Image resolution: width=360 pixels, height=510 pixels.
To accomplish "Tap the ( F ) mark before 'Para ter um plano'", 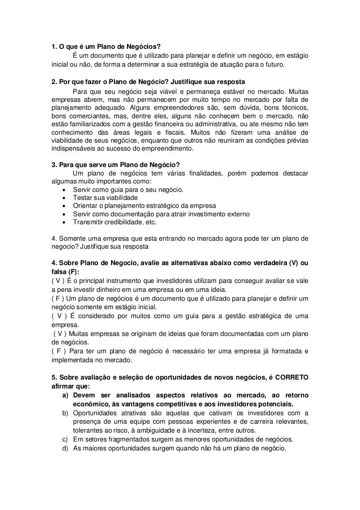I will tap(58, 351).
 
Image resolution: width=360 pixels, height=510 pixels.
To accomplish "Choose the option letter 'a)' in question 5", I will tap(66, 396).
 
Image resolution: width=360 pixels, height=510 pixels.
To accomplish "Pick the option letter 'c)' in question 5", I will tap(66, 439).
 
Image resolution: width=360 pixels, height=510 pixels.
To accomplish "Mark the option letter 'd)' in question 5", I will tap(66, 448).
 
